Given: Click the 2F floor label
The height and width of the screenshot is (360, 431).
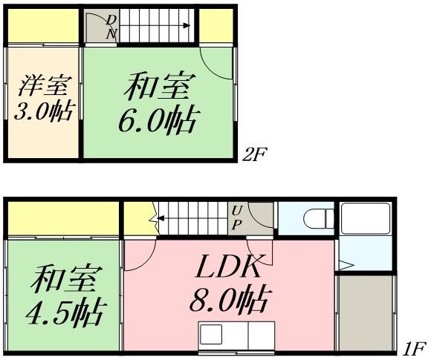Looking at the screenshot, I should (x=254, y=154).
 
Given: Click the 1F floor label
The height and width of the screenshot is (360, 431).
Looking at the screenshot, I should (x=415, y=347).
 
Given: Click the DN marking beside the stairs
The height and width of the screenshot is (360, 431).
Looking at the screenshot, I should (x=111, y=26).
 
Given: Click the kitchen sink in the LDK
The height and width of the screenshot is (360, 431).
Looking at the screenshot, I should (x=211, y=335).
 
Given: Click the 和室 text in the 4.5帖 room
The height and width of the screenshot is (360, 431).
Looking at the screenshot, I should (x=62, y=280).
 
